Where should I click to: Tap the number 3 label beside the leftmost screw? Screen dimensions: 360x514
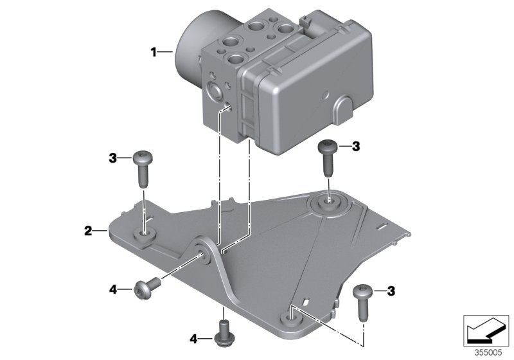coord(112,157)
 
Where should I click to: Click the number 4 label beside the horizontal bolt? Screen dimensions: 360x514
coord(112,290)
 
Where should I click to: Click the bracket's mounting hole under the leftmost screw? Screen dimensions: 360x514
coord(145,234)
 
